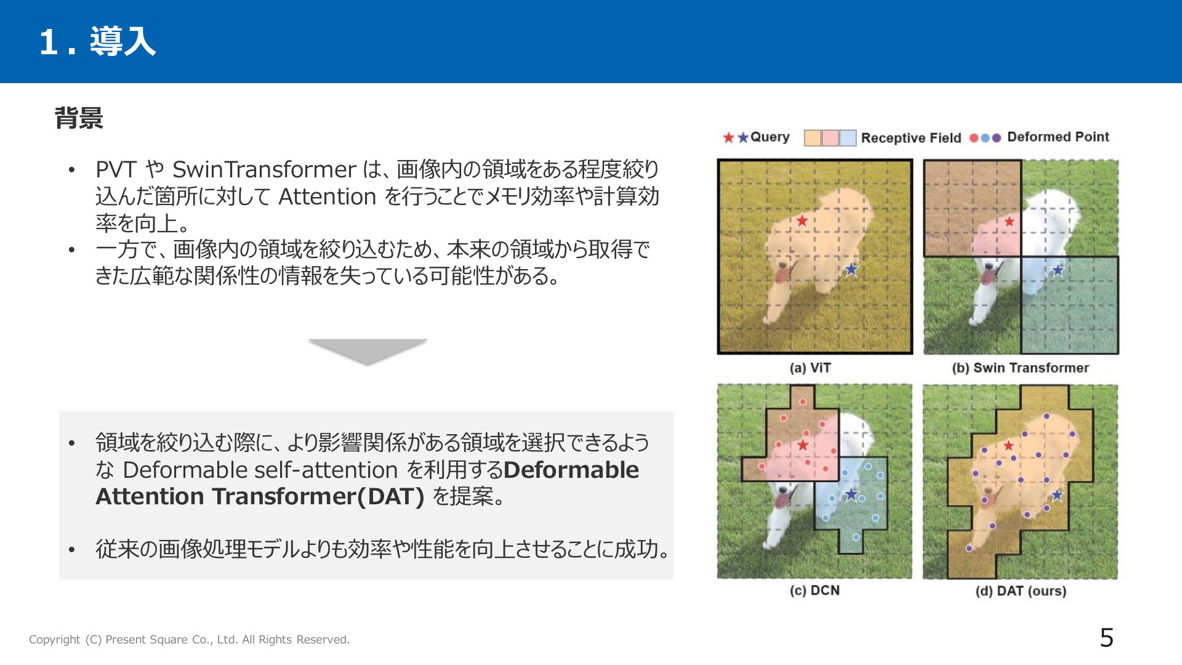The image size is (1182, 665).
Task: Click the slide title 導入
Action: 123,42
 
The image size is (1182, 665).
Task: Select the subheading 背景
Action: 79,118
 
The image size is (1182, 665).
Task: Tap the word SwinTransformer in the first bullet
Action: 264,169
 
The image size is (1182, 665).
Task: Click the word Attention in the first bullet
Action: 327,196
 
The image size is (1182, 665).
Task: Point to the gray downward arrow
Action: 368,352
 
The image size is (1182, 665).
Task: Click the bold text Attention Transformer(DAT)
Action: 260,496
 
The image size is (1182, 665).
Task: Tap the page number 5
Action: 1106,638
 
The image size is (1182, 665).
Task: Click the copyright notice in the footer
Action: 189,640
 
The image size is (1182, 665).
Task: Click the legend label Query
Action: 770,137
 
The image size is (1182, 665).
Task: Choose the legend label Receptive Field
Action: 911,138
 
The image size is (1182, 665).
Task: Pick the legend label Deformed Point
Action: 1058,137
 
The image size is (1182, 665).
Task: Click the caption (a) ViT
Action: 810,368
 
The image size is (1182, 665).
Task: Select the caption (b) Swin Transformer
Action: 1020,368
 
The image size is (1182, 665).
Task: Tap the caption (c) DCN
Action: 814,590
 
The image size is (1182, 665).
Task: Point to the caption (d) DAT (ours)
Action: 1021,591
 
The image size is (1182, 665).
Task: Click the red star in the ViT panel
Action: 802,220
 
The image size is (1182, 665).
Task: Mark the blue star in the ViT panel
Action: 851,269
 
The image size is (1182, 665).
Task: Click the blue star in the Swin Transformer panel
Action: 1058,270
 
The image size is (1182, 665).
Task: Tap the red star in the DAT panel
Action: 1008,445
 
